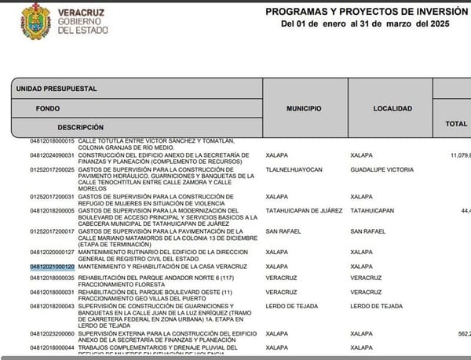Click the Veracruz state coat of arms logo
click(36, 22)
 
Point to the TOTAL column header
click(456, 123)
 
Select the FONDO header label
click(47, 108)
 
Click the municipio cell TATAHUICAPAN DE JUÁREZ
click(304, 210)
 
